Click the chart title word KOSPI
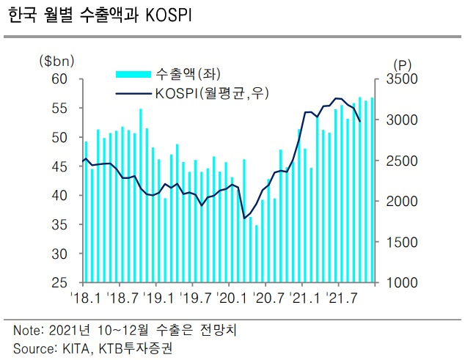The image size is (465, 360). point(169,15)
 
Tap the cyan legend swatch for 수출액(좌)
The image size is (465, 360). point(133,74)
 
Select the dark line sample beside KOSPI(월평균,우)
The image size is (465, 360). point(133,94)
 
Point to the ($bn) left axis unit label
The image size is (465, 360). point(56,61)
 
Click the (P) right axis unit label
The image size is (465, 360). point(403,65)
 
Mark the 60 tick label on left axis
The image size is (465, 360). point(59,79)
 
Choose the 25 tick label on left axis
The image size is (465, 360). point(59,283)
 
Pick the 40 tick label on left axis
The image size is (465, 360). point(59,196)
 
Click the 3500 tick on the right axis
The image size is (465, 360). point(402,79)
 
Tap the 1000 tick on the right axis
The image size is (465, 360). point(402,283)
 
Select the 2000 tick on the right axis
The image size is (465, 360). point(402,202)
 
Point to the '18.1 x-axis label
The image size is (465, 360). point(87,298)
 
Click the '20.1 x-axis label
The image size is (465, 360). point(232,298)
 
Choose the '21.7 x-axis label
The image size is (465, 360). point(342,298)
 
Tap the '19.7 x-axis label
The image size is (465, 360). point(196,298)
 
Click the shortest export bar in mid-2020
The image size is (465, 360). point(256,254)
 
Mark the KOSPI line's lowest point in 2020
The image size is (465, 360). point(244,218)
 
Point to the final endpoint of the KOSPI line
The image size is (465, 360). point(360,121)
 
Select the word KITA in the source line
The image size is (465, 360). point(76,349)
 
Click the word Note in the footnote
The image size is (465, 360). point(26,331)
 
